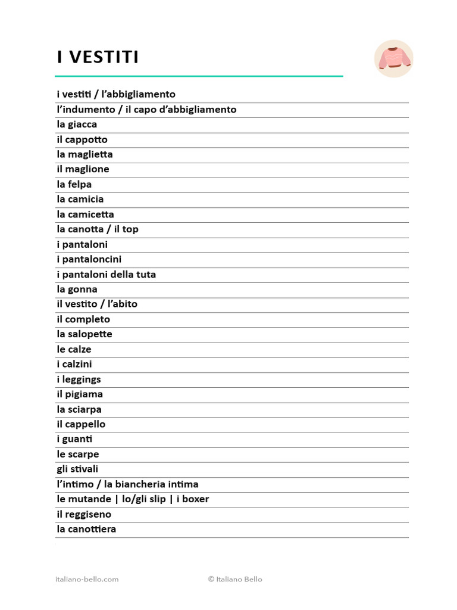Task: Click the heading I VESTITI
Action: coord(98,57)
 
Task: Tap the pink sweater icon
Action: coord(393,58)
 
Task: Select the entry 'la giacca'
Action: coord(77,125)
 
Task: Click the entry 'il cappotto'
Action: coord(82,139)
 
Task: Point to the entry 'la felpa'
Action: coord(74,184)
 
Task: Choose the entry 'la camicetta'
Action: coord(85,214)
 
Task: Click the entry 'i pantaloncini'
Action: coord(89,259)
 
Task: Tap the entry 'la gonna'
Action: coord(77,290)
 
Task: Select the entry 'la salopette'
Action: coord(84,334)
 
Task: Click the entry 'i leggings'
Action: coord(79,379)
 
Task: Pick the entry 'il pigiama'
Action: coord(80,394)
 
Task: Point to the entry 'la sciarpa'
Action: coord(79,409)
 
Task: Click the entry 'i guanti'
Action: coord(74,439)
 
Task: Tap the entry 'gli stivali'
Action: coord(77,469)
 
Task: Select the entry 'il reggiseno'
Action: coord(84,514)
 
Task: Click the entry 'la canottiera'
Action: coord(86,529)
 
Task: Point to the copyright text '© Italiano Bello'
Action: coord(235,579)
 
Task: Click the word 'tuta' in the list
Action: coord(145,275)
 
